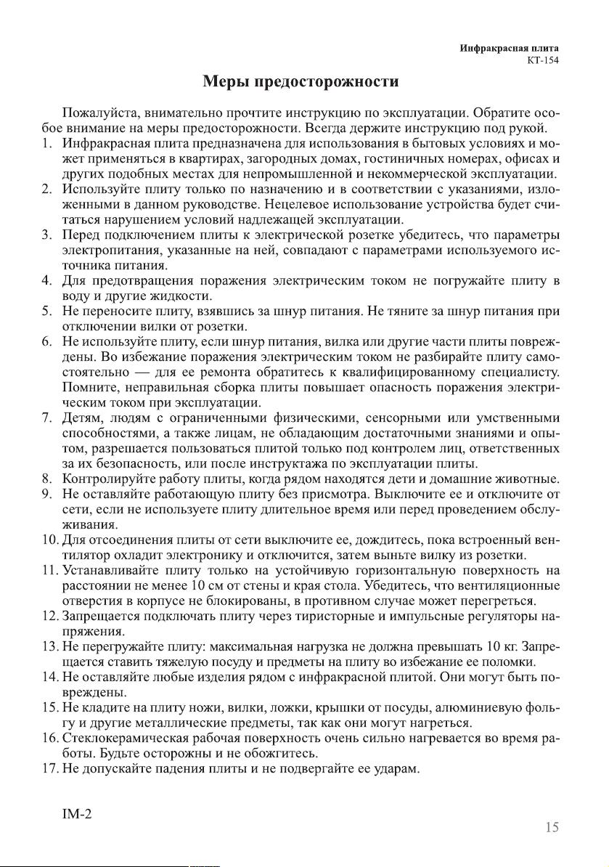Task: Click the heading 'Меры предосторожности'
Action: click(x=301, y=81)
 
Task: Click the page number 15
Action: click(x=552, y=827)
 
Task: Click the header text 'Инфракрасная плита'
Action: click(x=513, y=49)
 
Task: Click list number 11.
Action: click(x=49, y=570)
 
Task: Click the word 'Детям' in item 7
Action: click(x=84, y=418)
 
